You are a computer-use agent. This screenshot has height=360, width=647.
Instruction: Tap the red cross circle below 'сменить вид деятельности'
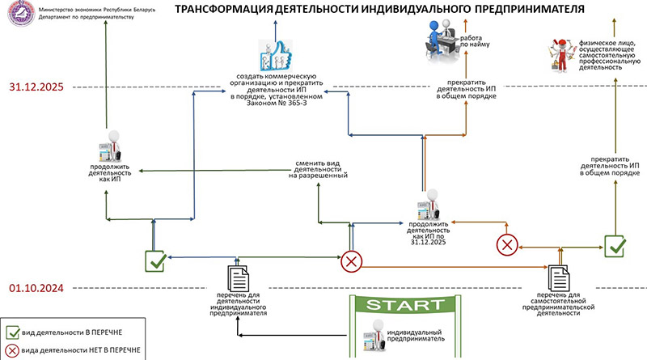pos(351,260)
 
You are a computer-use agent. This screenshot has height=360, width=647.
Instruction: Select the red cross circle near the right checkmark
pos(507,244)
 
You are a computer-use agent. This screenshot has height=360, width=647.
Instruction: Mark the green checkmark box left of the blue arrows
pos(155,260)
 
